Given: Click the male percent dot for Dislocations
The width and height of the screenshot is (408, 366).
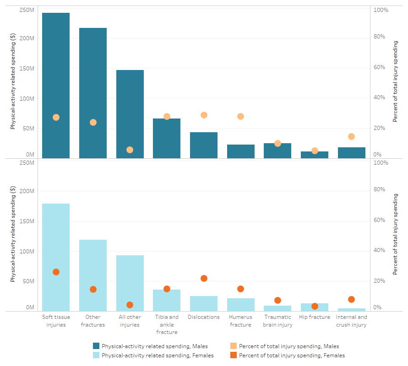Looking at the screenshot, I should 204,115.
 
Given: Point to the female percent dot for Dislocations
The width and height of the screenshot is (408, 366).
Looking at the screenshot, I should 204,278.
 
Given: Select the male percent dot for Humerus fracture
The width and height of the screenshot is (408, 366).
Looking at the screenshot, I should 240,116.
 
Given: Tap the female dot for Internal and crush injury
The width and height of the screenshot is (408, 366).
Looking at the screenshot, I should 351,299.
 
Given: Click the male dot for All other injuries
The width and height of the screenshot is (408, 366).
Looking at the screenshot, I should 130,150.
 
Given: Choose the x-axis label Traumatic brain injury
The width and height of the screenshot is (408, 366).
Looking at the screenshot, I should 277,321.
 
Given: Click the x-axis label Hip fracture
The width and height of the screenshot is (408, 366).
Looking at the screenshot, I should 314,317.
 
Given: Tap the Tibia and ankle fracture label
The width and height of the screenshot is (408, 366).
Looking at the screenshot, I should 167,324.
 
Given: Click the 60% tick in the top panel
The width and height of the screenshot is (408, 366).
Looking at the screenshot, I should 381,67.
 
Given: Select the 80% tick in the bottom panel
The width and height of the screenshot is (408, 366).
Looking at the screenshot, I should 381,189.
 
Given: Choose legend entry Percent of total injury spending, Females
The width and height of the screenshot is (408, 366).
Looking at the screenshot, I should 292,355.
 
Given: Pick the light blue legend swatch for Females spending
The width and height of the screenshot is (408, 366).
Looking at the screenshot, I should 96,355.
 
